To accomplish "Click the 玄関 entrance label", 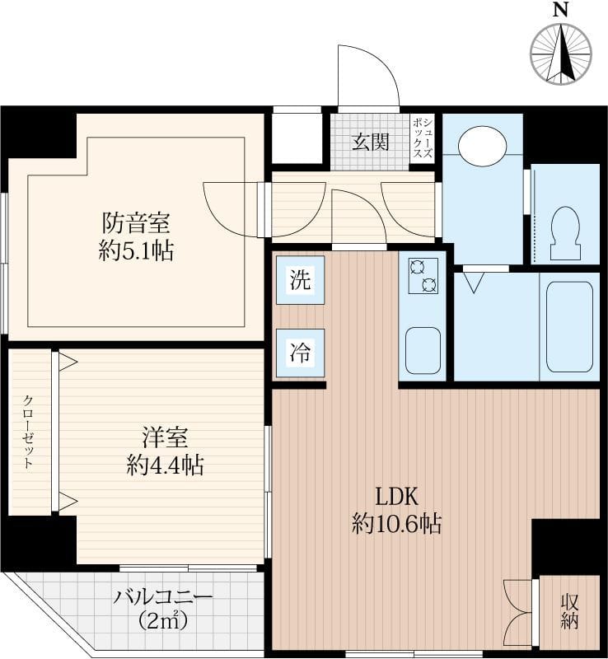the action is pos(370,142).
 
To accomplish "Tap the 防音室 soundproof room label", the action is pos(136,222).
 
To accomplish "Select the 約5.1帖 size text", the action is pos(136,251).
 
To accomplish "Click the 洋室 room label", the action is pos(165,437).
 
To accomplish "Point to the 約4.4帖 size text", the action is pos(165,465).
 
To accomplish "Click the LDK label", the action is pos(396,497).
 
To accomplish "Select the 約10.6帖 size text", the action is pos(396,524).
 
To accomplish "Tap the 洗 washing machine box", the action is pos(300,280).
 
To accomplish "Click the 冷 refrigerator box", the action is pos(300,353).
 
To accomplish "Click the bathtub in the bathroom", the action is pos(570,327).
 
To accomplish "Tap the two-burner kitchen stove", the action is pos(423,276).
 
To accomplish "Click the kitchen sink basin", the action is pos(423,351).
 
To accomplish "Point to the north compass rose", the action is pos(561,54).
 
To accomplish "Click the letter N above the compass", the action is pos(560,9).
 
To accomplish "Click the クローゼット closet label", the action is pos(28,432).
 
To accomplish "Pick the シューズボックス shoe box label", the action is pos(423,138).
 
